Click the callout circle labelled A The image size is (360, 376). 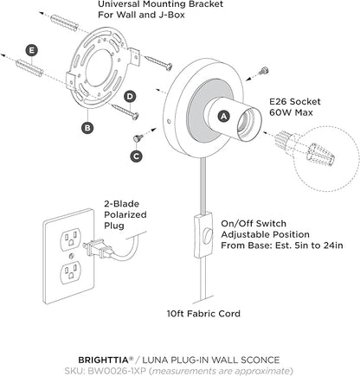[224, 116]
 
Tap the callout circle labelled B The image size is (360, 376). [87, 128]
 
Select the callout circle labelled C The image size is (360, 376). [136, 156]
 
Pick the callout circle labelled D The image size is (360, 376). [131, 97]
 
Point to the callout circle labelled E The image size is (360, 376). [31, 51]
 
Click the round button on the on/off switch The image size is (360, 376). [208, 235]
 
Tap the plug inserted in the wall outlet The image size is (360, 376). [98, 249]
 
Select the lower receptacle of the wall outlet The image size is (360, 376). [70, 271]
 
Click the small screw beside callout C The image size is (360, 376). [138, 138]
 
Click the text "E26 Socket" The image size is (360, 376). [295, 102]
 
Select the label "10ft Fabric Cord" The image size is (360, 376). [203, 314]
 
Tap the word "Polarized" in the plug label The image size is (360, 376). [125, 215]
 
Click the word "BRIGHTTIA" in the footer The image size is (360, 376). [103, 360]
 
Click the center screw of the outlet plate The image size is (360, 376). [71, 255]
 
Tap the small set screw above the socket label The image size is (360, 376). [263, 71]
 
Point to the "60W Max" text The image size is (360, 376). [291, 112]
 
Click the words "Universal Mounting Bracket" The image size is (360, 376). [160, 4]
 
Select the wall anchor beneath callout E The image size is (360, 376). [30, 68]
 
